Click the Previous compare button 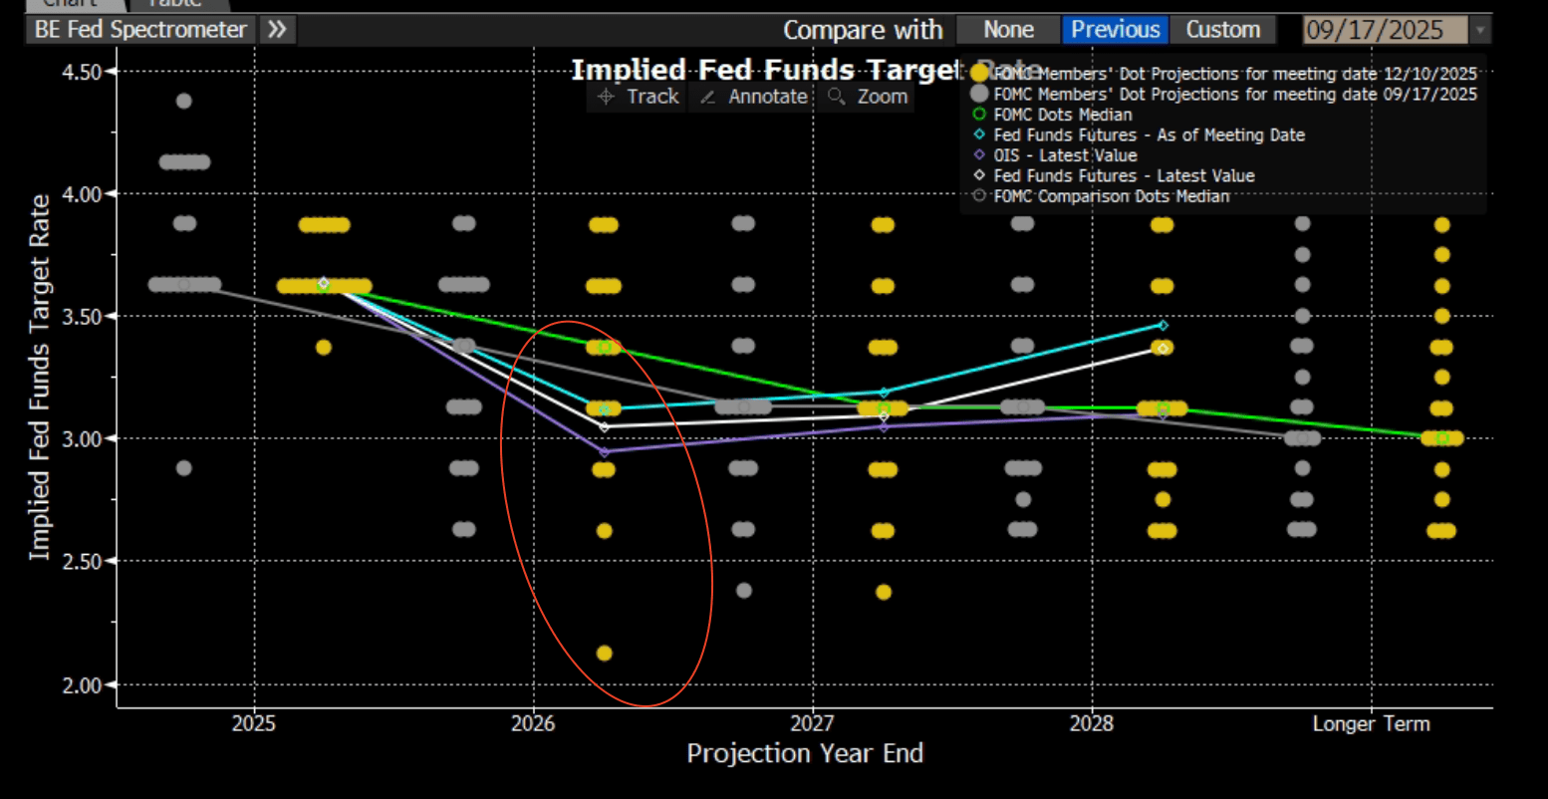[x=1116, y=30]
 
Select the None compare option [x=1008, y=30]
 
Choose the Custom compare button [x=1222, y=30]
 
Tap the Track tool [x=639, y=97]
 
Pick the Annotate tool [x=754, y=97]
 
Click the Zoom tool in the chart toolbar [x=869, y=97]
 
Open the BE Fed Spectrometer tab [x=140, y=30]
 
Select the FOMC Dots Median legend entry [x=1062, y=115]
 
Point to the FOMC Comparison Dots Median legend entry [x=1111, y=196]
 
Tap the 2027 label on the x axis [x=813, y=724]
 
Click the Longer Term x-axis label [x=1371, y=724]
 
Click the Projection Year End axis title [x=805, y=754]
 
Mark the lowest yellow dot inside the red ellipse [x=604, y=654]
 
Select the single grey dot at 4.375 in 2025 [x=183, y=101]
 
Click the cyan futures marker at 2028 [x=1162, y=325]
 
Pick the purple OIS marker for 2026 [x=604, y=451]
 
